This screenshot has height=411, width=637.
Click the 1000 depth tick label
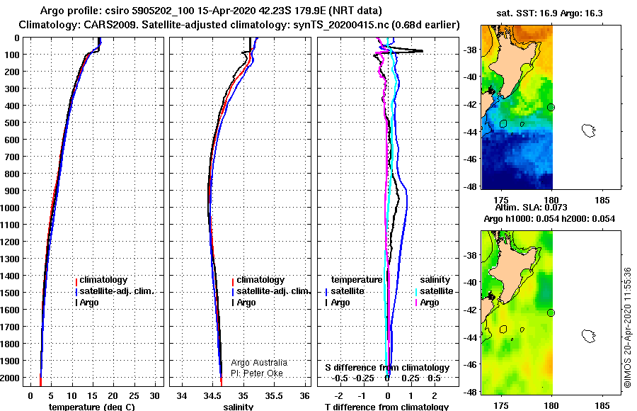click(x=10, y=208)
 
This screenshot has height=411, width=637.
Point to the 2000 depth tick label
click(x=10, y=378)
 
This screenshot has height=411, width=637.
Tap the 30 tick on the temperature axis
click(x=155, y=396)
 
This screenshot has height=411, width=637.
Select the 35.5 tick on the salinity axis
click(x=273, y=396)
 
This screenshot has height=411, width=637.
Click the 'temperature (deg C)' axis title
click(x=92, y=407)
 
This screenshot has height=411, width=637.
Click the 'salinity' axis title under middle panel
click(x=238, y=407)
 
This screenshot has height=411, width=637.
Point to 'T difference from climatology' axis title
click(x=386, y=407)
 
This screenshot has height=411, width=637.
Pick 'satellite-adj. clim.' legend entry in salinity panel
click(x=271, y=291)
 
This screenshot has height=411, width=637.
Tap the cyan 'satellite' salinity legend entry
click(x=434, y=291)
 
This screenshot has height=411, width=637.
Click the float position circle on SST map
click(x=551, y=108)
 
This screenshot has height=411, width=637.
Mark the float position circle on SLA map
click(x=551, y=313)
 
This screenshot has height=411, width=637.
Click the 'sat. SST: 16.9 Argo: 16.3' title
click(x=550, y=13)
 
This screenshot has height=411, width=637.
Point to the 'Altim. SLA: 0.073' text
click(x=531, y=208)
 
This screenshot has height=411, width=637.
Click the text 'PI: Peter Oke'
click(x=257, y=373)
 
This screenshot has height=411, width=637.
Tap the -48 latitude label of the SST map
click(x=470, y=187)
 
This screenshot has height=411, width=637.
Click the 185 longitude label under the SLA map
click(x=602, y=405)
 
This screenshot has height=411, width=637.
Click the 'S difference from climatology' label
click(x=387, y=368)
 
